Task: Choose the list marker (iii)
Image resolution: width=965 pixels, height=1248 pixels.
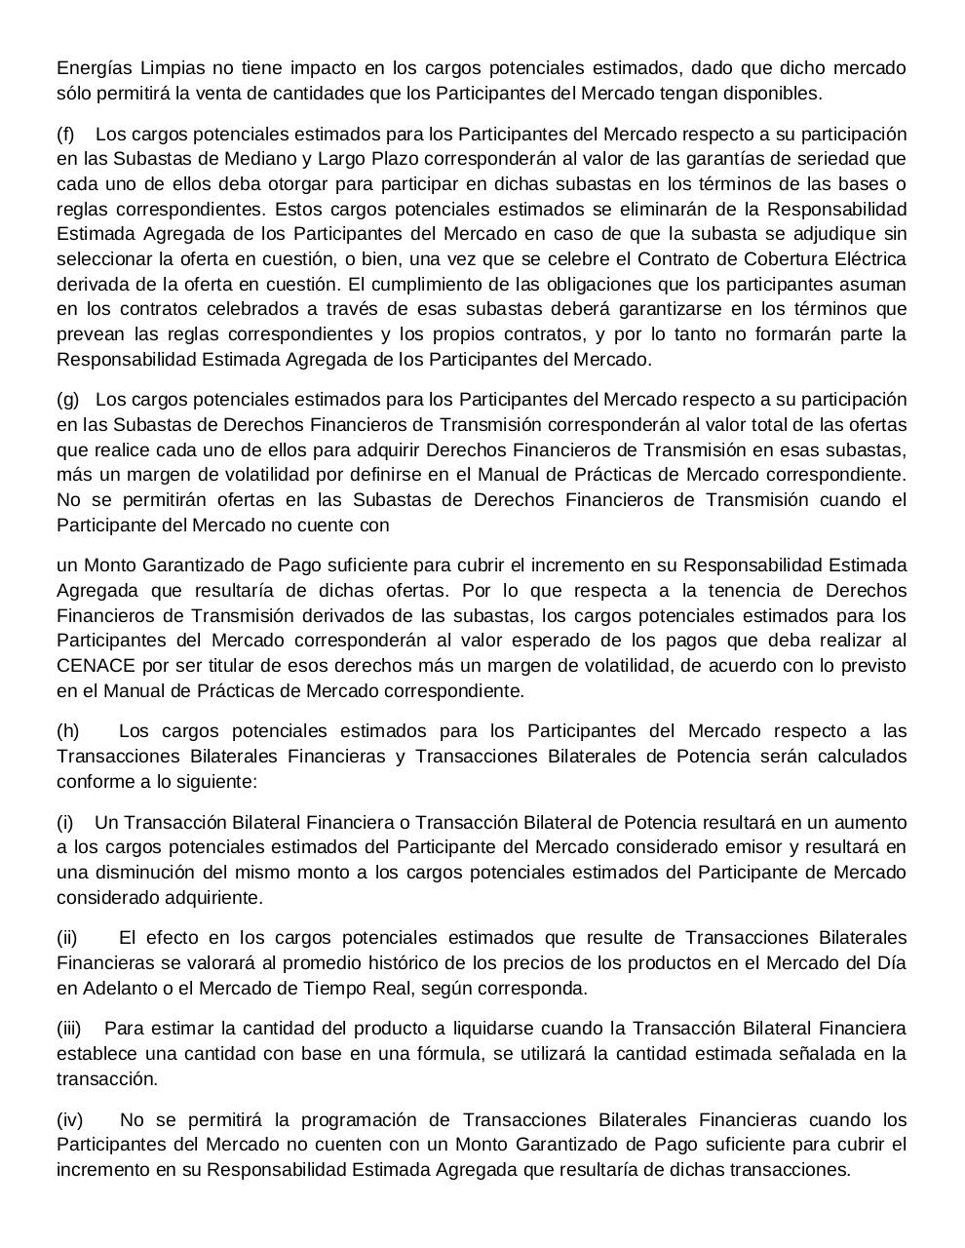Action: click(x=69, y=1029)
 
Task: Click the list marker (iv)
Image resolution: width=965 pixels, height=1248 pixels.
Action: click(x=69, y=1119)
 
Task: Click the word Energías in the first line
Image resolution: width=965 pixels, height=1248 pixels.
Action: click(x=93, y=68)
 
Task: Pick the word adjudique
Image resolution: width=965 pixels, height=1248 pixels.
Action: click(x=837, y=234)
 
